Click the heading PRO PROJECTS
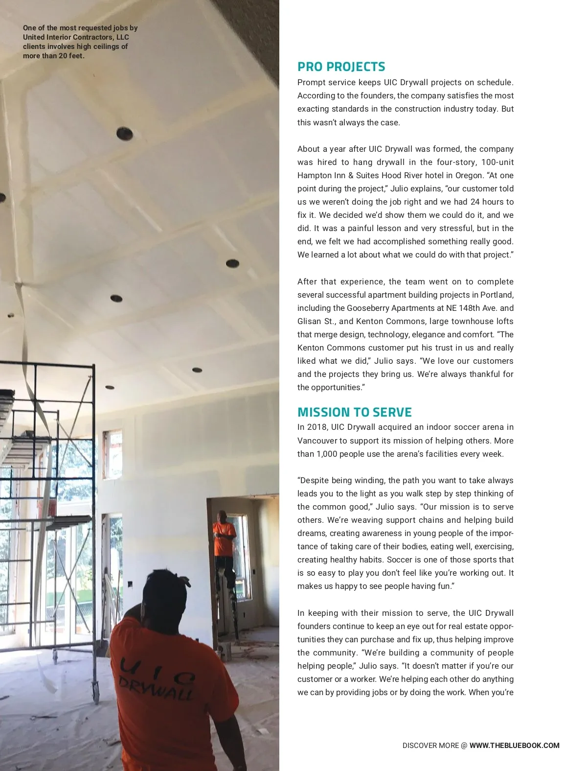pyautogui.click(x=341, y=67)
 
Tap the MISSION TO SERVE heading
pyautogui.click(x=354, y=412)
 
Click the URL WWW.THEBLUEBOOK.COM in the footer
pyautogui.click(x=514, y=746)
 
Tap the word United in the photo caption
pyautogui.click(x=33, y=37)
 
